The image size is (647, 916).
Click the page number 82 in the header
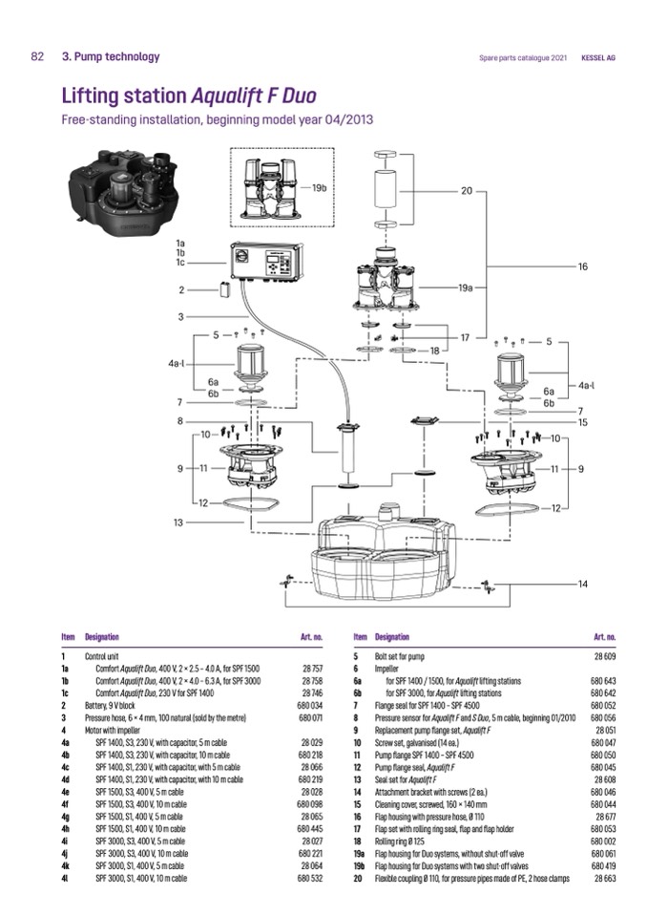tap(37, 56)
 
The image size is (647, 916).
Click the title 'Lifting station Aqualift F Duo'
tap(188, 96)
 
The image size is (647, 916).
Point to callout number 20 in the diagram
tap(467, 191)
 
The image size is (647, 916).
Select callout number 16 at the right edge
tap(581, 266)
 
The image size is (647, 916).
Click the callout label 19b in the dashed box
tap(319, 188)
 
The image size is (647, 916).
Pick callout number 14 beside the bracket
tap(581, 583)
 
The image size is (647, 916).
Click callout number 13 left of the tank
tap(177, 522)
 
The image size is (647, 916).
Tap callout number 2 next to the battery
tap(180, 288)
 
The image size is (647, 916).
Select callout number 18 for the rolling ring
tap(434, 351)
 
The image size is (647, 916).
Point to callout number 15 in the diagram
tap(581, 421)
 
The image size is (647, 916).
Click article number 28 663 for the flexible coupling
tap(603, 877)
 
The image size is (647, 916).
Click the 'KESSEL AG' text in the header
tap(598, 57)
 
